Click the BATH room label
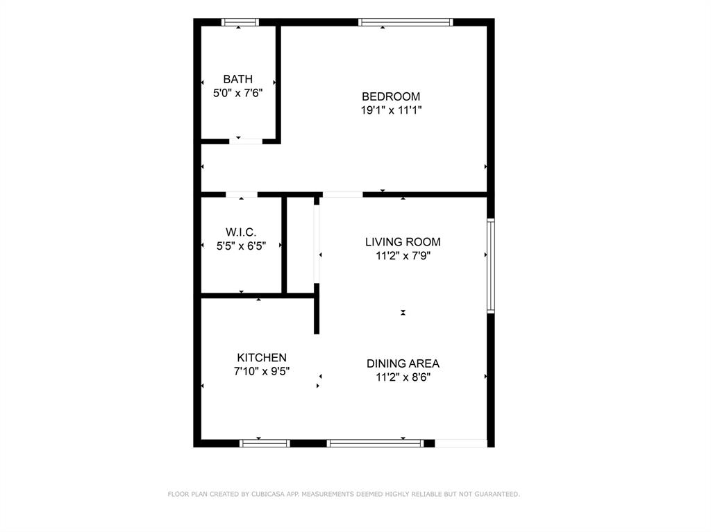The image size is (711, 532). (237, 79)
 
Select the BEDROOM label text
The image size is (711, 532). (391, 96)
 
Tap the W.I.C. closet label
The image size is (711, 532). (241, 232)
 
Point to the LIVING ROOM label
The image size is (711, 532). (403, 242)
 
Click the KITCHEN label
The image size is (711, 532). (262, 357)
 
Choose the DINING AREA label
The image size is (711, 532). (403, 363)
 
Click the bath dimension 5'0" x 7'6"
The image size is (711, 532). (238, 93)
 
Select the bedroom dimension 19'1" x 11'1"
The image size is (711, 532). (392, 110)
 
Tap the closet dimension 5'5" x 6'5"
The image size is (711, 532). (241, 246)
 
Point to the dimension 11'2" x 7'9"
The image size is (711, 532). (403, 255)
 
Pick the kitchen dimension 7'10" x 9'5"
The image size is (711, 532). (262, 371)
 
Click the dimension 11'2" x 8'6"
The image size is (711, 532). (403, 377)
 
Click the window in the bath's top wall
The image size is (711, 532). (240, 22)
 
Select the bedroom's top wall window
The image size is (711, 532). (405, 22)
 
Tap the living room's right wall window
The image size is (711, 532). (491, 266)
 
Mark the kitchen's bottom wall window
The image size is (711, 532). (265, 443)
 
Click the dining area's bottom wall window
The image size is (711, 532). (375, 443)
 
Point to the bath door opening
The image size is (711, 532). (246, 141)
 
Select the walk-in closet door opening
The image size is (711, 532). (241, 195)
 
